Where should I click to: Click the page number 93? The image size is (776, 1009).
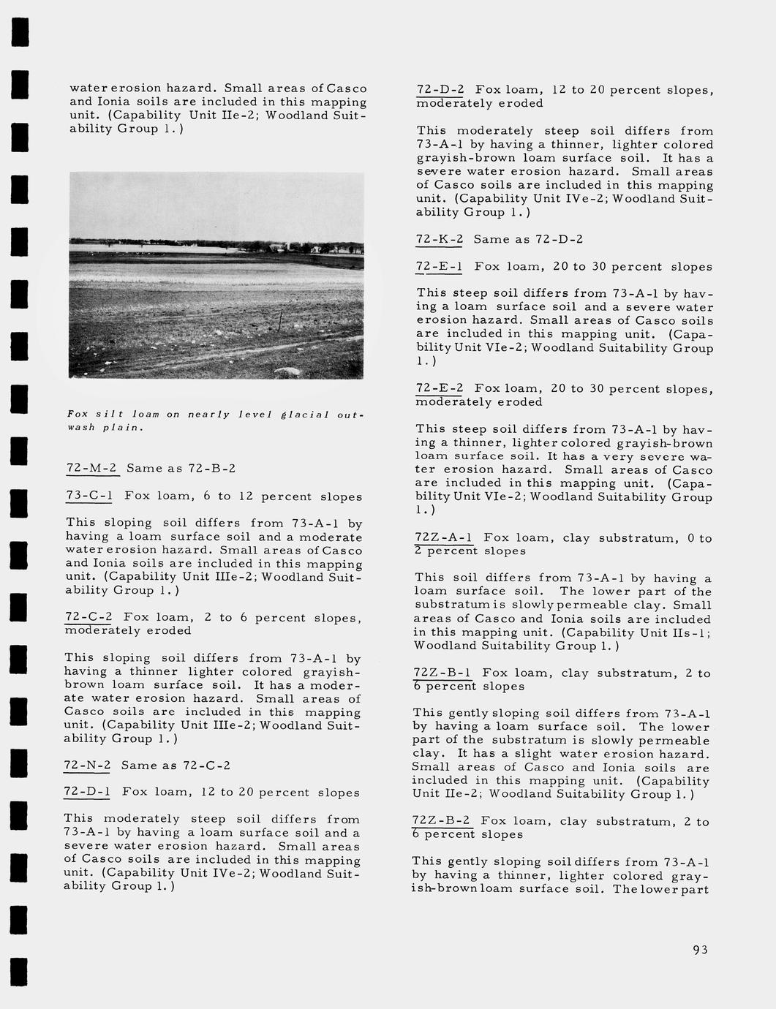point(700,950)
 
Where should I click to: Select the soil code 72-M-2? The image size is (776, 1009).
point(91,468)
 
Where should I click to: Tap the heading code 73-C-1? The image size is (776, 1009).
point(89,496)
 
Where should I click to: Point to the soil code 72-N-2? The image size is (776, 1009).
point(87,766)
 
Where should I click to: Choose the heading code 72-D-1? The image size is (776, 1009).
point(87,792)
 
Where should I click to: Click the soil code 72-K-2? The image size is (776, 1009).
point(440,239)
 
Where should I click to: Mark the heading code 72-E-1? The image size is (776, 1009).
point(439,267)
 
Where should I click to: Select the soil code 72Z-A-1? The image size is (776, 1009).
point(443,538)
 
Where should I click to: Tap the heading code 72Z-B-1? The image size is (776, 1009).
point(442,673)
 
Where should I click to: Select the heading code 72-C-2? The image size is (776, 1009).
point(88,618)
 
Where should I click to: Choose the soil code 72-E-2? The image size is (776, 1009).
point(440,388)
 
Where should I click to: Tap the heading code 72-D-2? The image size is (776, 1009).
point(440,90)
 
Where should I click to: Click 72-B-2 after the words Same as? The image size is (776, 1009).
point(212,468)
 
